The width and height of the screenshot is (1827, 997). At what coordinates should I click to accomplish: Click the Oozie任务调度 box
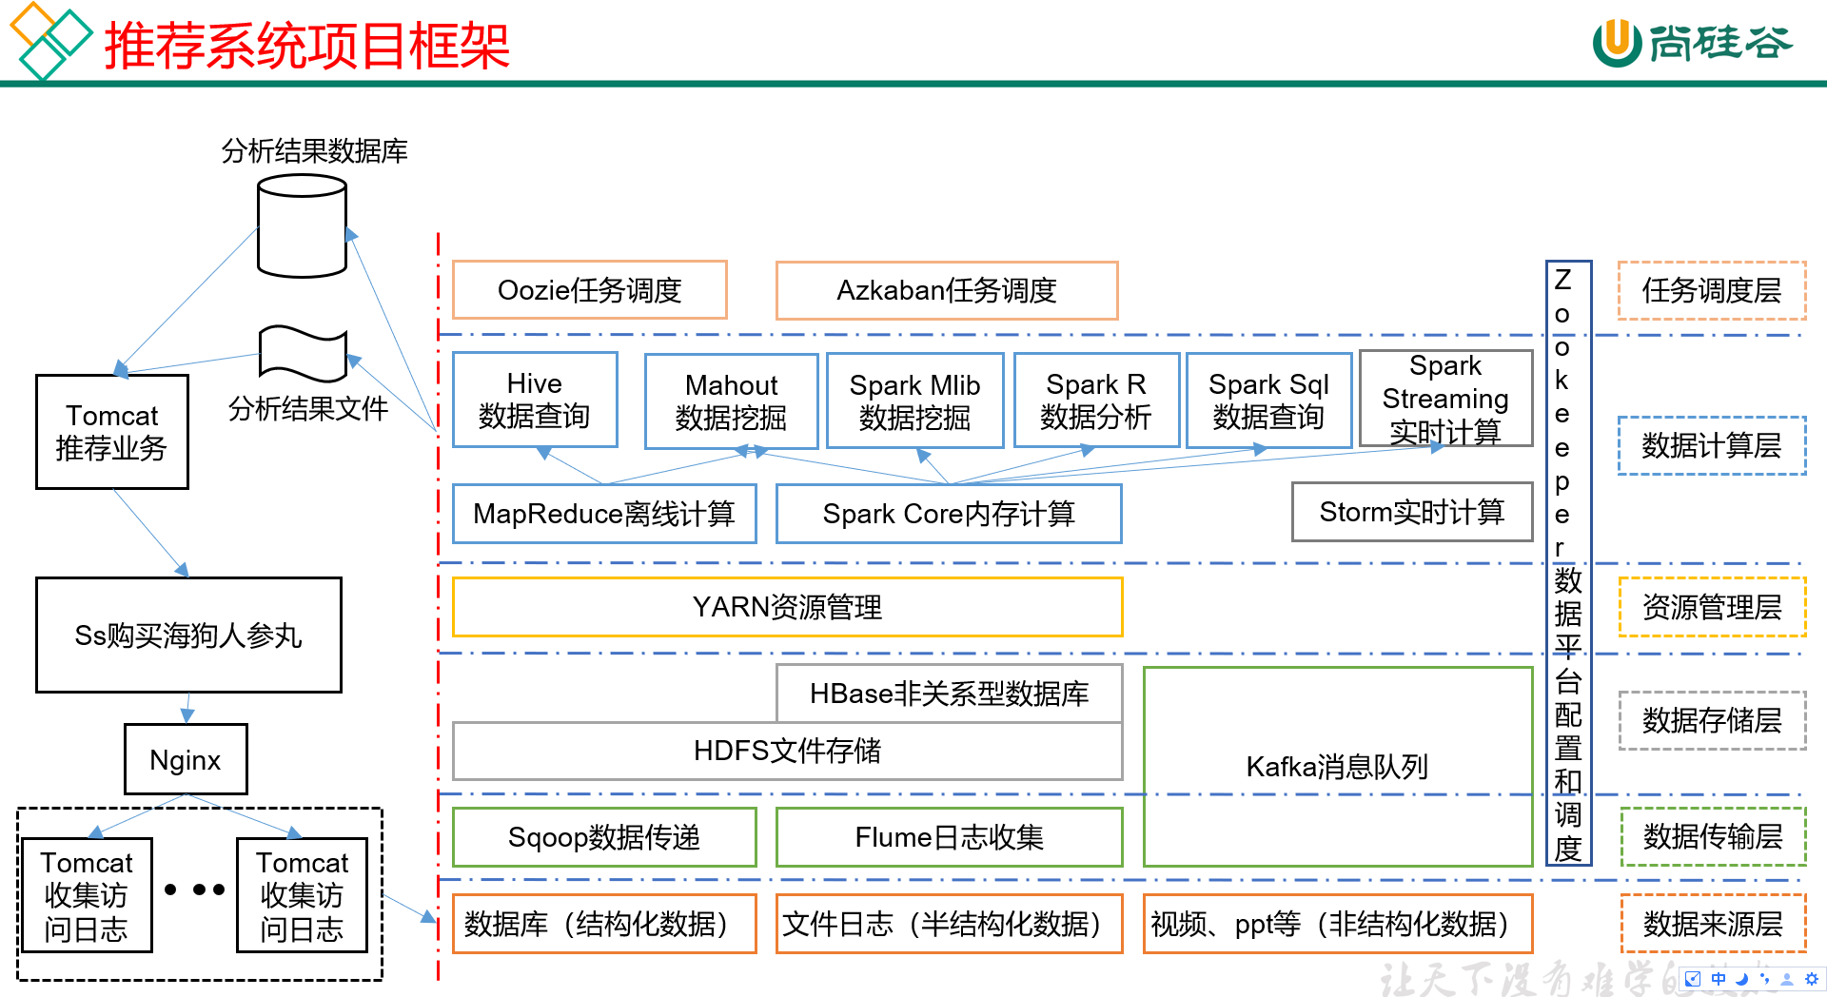coord(589,290)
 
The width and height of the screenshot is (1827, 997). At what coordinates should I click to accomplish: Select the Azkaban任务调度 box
coord(946,290)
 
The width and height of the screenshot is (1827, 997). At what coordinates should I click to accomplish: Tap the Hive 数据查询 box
coord(535,400)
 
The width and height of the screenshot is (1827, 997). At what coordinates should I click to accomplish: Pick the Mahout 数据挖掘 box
coord(731,401)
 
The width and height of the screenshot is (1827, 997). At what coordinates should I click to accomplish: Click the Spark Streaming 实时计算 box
coord(1445,399)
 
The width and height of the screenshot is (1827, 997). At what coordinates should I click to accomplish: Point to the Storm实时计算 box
coord(1411,512)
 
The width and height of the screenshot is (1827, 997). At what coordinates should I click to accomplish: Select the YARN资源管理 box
coord(787,607)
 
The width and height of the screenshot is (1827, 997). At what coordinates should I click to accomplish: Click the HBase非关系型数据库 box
coord(949,694)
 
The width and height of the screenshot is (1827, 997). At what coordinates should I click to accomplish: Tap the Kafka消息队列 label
coord(1337,766)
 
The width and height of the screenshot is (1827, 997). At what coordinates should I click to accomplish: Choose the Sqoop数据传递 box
coord(604,837)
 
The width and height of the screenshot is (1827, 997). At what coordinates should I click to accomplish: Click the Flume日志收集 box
coord(949,837)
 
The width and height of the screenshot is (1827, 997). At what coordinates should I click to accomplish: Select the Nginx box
coord(186,759)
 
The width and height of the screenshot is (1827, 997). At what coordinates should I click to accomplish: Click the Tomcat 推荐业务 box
coord(112,432)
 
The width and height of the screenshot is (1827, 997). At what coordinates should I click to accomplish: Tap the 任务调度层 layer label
coord(1711,290)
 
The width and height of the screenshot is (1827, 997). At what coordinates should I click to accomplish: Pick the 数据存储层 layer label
coord(1711,720)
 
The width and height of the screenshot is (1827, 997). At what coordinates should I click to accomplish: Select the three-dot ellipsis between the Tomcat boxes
coord(194,890)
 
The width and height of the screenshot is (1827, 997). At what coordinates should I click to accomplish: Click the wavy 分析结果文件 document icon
coord(303,354)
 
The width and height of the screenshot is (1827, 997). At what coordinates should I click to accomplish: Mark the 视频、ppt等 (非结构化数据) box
coord(1337,924)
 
